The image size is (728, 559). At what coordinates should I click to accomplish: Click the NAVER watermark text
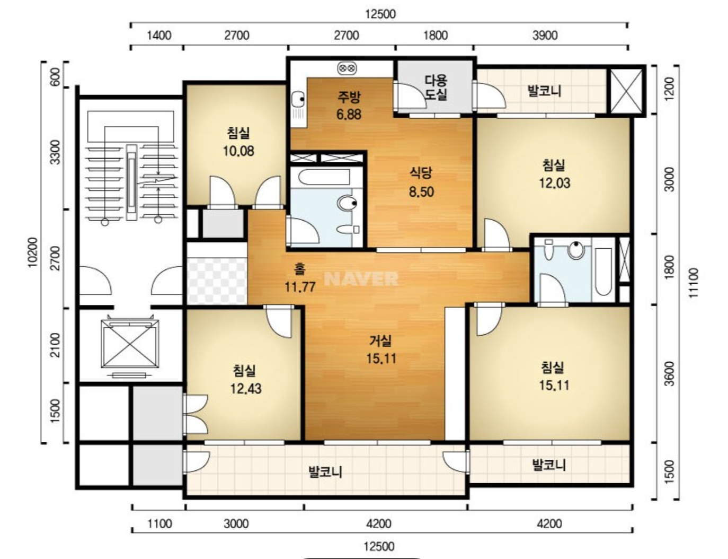point(361,278)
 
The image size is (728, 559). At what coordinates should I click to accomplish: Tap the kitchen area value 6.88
point(349,115)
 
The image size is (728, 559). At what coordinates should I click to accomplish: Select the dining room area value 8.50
point(421,192)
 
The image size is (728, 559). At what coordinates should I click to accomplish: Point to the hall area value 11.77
point(300,287)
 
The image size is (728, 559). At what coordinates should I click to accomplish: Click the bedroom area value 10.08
point(238,151)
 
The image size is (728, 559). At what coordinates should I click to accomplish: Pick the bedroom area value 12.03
point(554,183)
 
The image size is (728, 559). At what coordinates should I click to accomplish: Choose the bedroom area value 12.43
point(246,388)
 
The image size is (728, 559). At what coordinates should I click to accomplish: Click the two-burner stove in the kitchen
point(347,68)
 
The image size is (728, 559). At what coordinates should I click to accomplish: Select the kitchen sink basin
point(297,99)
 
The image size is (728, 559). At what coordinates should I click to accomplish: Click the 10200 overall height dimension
point(32,252)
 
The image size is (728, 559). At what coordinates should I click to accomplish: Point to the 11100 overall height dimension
point(694,283)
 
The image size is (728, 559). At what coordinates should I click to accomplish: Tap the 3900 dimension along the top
point(545,35)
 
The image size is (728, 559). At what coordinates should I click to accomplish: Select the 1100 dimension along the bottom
point(160,523)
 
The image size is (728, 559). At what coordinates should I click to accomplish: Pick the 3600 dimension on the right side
point(669,373)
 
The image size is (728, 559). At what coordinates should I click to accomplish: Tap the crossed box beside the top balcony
point(626,91)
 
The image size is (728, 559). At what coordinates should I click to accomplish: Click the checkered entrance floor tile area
point(217,281)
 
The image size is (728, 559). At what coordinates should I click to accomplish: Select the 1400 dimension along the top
point(159,35)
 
